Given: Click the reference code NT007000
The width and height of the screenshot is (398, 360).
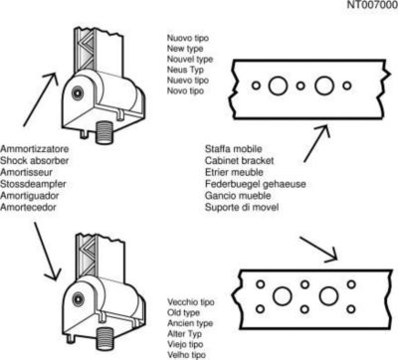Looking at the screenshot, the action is click(x=372, y=5).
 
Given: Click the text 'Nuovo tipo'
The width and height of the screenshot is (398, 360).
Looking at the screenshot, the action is click(x=188, y=38).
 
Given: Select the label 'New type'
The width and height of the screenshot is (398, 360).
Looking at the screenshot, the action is click(x=185, y=49).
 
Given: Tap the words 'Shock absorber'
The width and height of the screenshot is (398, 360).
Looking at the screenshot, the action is click(x=34, y=161).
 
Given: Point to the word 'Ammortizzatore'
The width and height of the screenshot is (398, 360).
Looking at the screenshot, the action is click(x=34, y=149).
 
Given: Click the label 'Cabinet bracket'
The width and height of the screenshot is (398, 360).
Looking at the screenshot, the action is click(x=240, y=161).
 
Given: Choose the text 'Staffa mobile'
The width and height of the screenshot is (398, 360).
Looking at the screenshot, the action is click(x=234, y=149).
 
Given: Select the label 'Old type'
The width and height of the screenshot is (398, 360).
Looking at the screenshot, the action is click(x=183, y=312).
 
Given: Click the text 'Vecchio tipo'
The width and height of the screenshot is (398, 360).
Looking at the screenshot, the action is click(x=191, y=302).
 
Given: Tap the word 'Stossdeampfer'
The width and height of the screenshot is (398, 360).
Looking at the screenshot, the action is click(x=33, y=184).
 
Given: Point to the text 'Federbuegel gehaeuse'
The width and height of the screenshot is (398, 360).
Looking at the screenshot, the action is click(x=256, y=184).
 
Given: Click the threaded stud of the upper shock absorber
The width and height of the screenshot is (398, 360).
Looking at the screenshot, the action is click(x=104, y=132).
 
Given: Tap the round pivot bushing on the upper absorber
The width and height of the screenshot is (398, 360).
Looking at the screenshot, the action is click(x=78, y=92).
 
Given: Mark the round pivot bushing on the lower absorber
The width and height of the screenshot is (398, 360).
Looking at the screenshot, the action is click(x=78, y=299).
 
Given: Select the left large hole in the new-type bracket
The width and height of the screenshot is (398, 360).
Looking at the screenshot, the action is click(x=278, y=86).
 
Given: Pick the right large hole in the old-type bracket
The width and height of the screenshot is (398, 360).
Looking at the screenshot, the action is click(x=328, y=296).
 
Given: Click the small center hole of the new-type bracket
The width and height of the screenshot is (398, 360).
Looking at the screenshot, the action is click(x=300, y=86).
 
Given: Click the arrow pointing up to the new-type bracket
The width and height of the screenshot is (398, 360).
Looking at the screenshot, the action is click(x=316, y=143).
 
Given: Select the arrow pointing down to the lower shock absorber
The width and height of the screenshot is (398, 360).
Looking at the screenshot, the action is click(x=48, y=252).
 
